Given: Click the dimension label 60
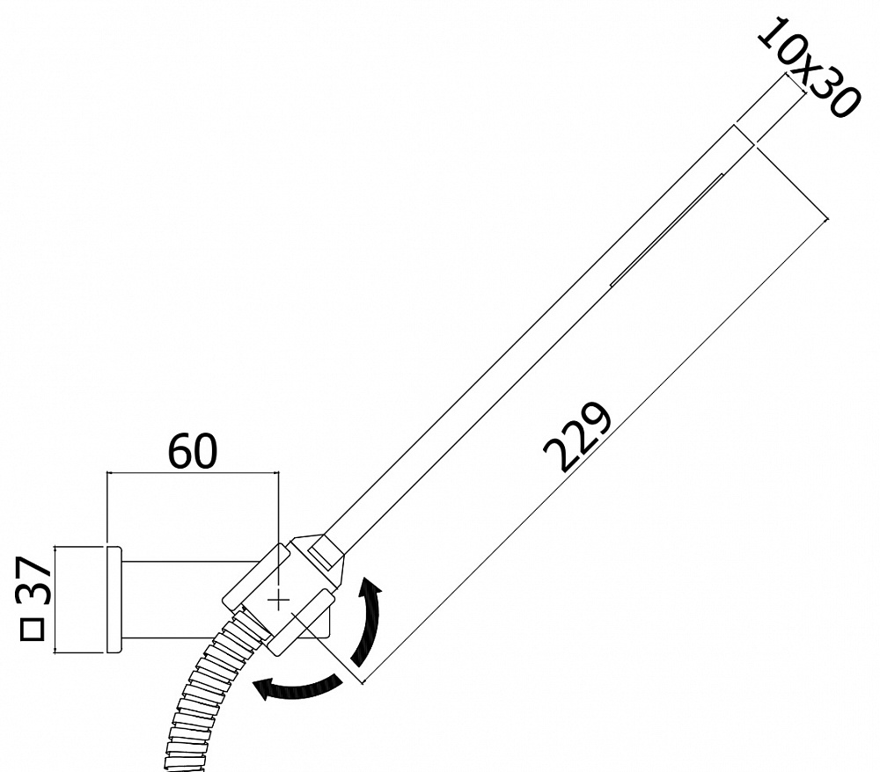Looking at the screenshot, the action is (193, 451).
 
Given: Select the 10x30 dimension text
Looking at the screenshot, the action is (809, 69).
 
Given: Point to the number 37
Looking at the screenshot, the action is (34, 580).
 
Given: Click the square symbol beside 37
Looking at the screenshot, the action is (32, 630).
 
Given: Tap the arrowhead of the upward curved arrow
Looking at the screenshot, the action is (370, 587).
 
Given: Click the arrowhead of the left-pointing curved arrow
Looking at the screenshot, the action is (263, 688).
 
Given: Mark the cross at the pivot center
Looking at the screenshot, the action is (279, 601).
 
